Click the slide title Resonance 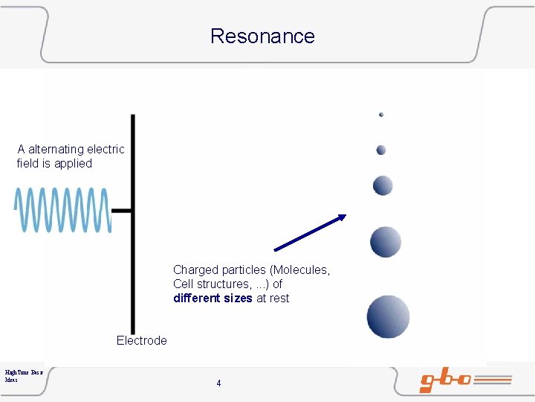(x=262, y=36)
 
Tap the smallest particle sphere (x=381, y=115)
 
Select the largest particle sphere (x=388, y=316)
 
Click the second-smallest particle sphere (x=381, y=150)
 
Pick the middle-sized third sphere (x=383, y=185)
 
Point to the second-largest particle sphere (x=385, y=242)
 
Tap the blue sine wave (x=62, y=210)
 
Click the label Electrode (x=141, y=340)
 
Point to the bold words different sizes (x=213, y=298)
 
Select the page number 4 (x=218, y=383)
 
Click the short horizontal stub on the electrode (x=122, y=211)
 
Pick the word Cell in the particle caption (x=184, y=284)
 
